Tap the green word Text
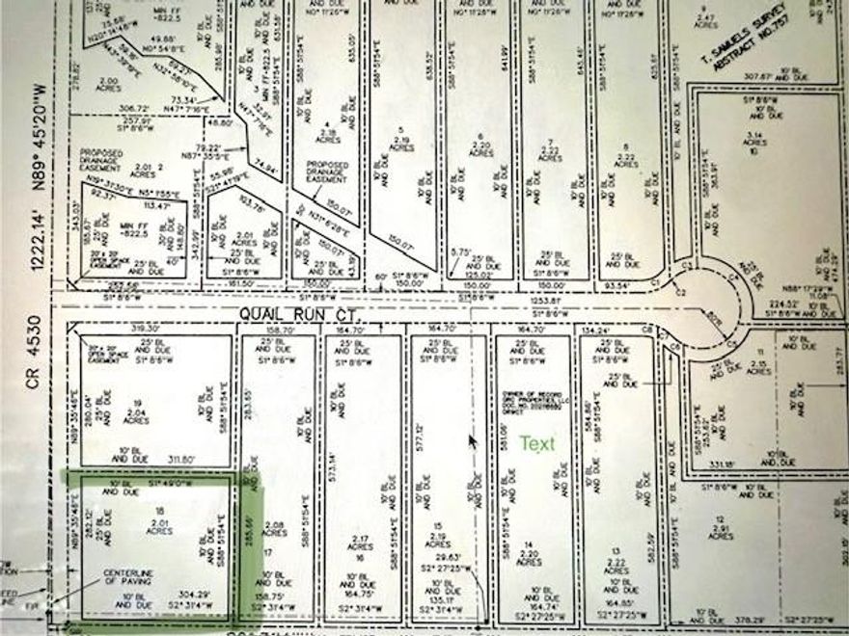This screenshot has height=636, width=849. click(538, 444)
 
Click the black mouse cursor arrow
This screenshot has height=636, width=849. click(473, 441)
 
